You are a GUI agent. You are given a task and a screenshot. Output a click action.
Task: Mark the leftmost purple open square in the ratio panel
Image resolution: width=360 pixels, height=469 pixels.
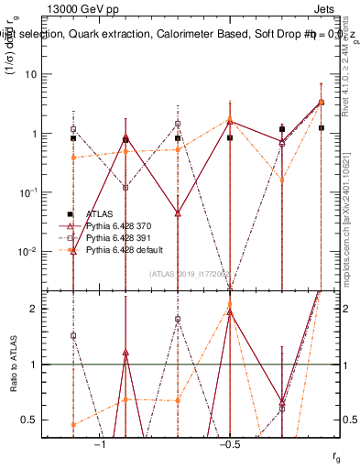pos(73,335)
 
